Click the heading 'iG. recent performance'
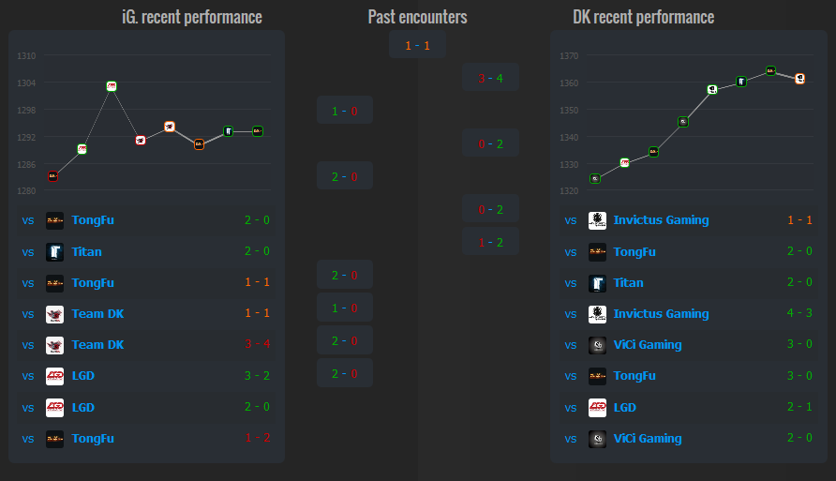[192, 17]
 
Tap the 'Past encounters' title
[417, 17]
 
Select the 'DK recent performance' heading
[643, 17]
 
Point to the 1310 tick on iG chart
[26, 56]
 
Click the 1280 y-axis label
[26, 191]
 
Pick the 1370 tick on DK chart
[570, 56]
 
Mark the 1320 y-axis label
[570, 191]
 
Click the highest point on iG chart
[112, 85]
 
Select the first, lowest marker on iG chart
[52, 175]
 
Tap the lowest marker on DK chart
[595, 178]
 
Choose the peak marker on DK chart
[770, 70]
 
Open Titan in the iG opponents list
[86, 251]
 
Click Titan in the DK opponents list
[628, 282]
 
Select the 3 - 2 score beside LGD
[257, 376]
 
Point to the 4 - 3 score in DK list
[799, 314]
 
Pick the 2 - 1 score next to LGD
[799, 407]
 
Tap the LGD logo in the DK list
[597, 407]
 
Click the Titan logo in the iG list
[55, 251]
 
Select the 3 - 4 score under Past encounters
[490, 78]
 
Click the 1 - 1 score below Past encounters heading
[417, 45]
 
